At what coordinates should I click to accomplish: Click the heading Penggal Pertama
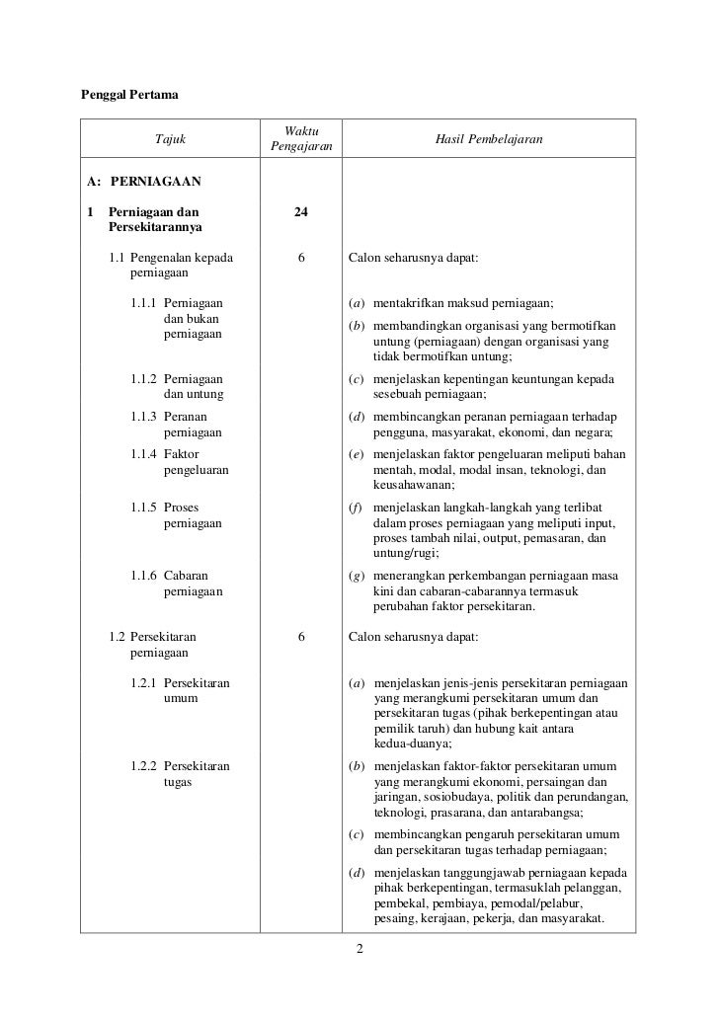pos(127,96)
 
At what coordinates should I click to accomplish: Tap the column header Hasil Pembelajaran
pos(489,139)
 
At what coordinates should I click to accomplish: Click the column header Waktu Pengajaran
pos(301,139)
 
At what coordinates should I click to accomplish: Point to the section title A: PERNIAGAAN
pos(144,182)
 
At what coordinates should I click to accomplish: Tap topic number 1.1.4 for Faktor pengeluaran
pos(144,454)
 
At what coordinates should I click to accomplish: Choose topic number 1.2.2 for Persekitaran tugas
pos(144,766)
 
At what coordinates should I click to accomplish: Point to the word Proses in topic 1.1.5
pos(182,508)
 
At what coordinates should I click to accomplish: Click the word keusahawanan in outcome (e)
pos(414,485)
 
